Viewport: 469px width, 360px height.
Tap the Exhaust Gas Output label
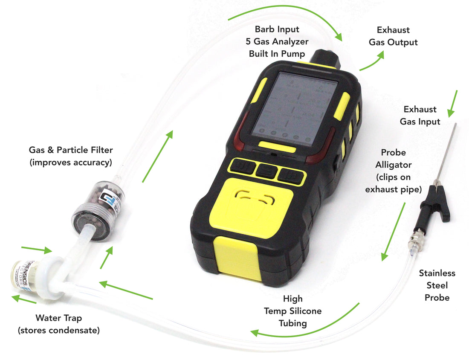(x=393, y=36)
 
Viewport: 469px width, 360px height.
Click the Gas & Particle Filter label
(x=70, y=156)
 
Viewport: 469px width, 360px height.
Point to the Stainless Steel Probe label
(x=437, y=285)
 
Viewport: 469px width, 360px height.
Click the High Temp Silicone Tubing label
(x=292, y=311)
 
